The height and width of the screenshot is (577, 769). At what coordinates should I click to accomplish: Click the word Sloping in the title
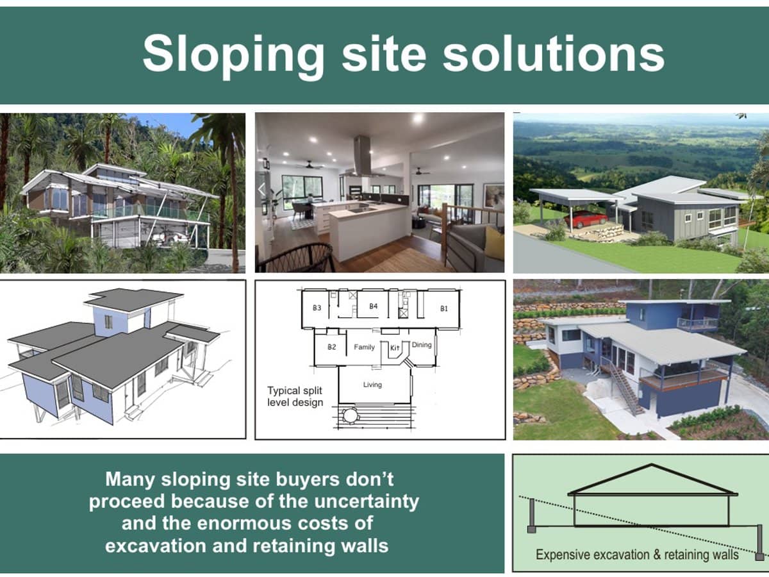coord(234,56)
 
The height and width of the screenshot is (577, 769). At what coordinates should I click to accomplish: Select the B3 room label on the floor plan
coord(317,308)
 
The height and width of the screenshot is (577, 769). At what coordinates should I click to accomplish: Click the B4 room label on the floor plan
coord(374,306)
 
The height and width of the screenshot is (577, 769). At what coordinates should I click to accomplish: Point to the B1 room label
coord(444,308)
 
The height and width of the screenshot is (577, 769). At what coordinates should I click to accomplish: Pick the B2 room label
coord(331,347)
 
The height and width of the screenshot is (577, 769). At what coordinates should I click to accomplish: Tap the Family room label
coord(364,347)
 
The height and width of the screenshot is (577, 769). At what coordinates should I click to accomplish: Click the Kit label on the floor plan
coord(395,347)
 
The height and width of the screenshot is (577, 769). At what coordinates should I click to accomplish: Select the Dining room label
coord(422,345)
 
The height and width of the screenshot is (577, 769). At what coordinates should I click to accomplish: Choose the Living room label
coord(372,385)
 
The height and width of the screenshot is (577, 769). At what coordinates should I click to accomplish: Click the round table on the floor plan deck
coord(351,416)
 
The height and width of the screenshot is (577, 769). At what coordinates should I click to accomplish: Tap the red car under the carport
coord(586,220)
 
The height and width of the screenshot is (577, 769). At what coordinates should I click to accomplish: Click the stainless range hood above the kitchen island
coord(363,156)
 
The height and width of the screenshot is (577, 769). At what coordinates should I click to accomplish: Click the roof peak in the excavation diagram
coord(652,465)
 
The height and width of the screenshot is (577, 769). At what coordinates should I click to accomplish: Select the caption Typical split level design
coord(295,396)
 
